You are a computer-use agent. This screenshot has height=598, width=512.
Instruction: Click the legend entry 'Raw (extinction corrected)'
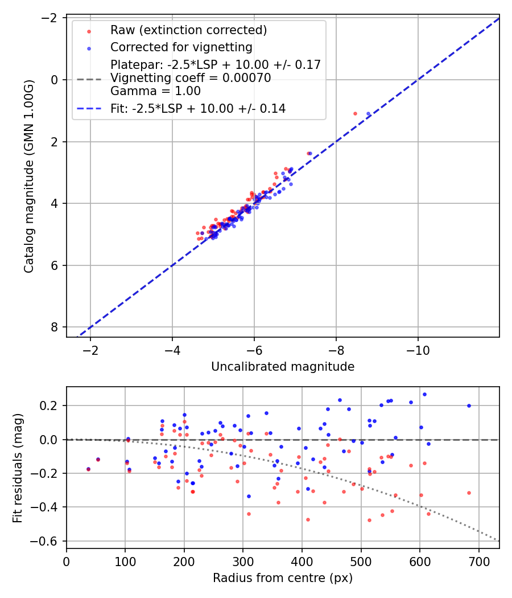coord(188,30)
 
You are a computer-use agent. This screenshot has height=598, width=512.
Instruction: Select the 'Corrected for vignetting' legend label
coord(181,47)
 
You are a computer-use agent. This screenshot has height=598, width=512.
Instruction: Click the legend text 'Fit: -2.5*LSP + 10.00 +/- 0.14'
coord(198,108)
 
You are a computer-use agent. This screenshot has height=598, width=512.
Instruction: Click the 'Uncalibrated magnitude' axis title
coord(283,367)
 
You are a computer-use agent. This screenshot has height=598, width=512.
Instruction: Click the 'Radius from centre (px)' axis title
coord(283,578)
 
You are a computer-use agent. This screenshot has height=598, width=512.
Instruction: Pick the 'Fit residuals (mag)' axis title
coord(18,467)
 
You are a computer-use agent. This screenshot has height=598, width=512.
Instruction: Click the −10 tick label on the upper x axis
coord(418,349)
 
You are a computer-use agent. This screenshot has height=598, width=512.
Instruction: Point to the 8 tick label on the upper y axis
coord(55,327)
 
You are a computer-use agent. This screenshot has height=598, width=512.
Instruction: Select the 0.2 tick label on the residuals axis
coord(51,406)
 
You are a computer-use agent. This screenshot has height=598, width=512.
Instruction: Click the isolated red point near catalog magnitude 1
coord(355,113)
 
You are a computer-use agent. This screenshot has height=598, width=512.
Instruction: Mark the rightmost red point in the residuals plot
coord(469,493)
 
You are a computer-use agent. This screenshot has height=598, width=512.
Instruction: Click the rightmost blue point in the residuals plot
coord(469,406)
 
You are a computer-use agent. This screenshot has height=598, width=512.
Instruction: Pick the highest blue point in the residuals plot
coord(424,394)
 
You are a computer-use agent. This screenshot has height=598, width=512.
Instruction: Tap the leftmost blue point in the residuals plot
coord(88,469)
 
